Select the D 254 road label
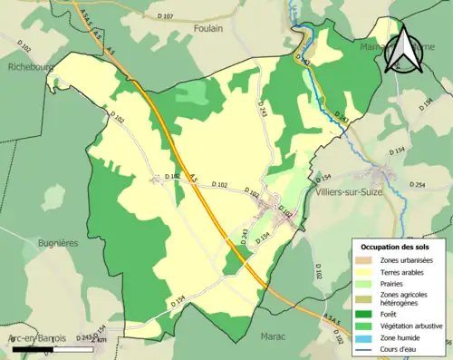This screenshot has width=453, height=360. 417,185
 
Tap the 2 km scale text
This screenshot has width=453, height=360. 101,338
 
